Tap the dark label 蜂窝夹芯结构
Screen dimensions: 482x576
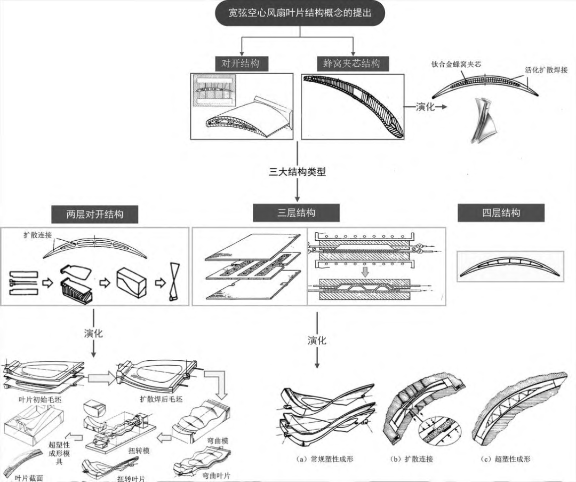tap(351, 64)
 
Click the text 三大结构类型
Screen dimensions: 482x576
tap(297, 172)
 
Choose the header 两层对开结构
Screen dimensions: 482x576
tap(95, 215)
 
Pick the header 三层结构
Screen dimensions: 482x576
tap(296, 213)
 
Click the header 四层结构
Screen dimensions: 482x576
tap(501, 213)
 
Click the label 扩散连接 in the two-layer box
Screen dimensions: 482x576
tap(34, 234)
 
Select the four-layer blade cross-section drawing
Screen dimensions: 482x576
tap(510, 266)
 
